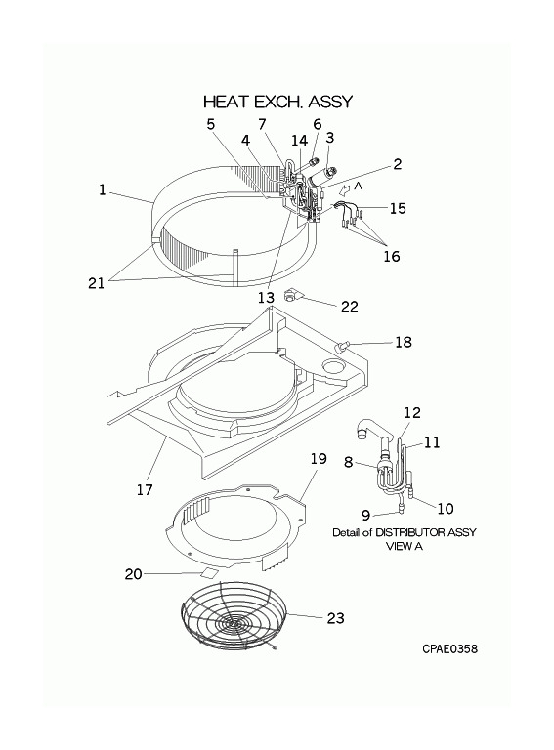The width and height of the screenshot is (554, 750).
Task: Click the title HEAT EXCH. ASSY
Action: pos(277,102)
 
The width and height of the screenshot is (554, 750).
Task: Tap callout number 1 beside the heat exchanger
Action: pos(102,189)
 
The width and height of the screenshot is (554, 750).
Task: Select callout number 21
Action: pos(96,283)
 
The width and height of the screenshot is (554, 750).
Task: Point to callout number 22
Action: pos(349,306)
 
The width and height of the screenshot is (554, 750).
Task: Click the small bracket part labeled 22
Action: pos(291,296)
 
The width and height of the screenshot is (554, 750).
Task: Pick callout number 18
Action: pos(404,342)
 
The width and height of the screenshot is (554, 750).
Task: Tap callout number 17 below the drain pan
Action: pos(145,489)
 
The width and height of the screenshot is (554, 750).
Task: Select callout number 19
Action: pos(319,459)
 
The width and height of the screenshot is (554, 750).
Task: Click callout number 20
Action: pos(134,573)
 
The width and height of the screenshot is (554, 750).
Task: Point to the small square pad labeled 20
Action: pos(209,572)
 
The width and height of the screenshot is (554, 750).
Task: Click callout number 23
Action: pos(335,618)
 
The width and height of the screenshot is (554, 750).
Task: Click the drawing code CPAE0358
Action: pos(449,648)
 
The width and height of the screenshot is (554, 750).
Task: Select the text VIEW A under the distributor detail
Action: pos(405,546)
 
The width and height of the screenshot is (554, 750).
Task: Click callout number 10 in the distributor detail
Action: pos(446,508)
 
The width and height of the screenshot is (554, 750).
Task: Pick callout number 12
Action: pos(412,412)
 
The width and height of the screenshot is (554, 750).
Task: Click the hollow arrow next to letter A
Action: pos(345,189)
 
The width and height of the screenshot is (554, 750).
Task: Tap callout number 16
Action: pos(392,256)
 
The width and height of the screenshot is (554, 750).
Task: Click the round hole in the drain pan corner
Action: pos(333,367)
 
